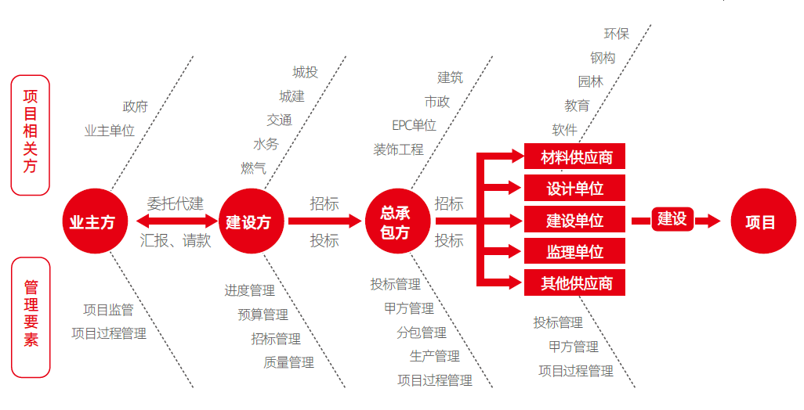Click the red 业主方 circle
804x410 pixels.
pyautogui.click(x=92, y=222)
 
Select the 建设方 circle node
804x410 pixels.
pyautogui.click(x=248, y=222)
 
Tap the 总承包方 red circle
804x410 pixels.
pyautogui.click(x=395, y=222)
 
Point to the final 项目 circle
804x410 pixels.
pyautogui.click(x=760, y=222)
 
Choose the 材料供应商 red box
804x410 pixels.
pyautogui.click(x=576, y=158)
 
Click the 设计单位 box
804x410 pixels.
pyautogui.click(x=576, y=189)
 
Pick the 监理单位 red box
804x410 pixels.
pyautogui.click(x=576, y=252)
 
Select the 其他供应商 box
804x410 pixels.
pyautogui.click(x=576, y=283)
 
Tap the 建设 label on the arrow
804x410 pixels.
pyautogui.click(x=672, y=220)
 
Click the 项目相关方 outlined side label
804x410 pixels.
pyautogui.click(x=30, y=135)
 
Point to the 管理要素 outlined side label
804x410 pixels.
pyautogui.click(x=31, y=318)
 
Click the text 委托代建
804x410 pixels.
pyautogui.click(x=176, y=204)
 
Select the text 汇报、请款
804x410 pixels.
pyautogui.click(x=176, y=241)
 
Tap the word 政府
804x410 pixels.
pyautogui.click(x=135, y=107)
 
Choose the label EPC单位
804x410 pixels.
pyautogui.click(x=414, y=125)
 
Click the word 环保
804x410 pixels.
pyautogui.click(x=616, y=34)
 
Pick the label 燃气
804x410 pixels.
pyautogui.click(x=253, y=167)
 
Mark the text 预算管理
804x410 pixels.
pyautogui.click(x=263, y=315)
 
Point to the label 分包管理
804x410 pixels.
pyautogui.click(x=421, y=333)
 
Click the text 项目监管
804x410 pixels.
pyautogui.click(x=108, y=310)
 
